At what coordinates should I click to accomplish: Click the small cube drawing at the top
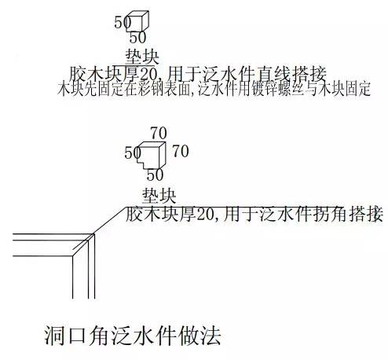pos(137,21)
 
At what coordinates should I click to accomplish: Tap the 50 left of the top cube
pos(122,22)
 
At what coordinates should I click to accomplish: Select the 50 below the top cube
pos(137,38)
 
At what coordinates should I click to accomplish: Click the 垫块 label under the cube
pos(142,57)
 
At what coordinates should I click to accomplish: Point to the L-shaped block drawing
pos(152,156)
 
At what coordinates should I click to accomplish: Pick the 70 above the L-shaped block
pos(159,134)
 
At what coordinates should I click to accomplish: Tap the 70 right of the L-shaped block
pos(181,152)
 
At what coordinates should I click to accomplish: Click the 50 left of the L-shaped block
pos(133,153)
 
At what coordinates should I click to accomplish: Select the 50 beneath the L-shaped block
pos(155,174)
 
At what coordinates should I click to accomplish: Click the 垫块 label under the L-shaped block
pos(159,196)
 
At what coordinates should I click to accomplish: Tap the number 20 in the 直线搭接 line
pos(149,75)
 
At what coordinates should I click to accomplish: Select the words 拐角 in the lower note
pos(330,215)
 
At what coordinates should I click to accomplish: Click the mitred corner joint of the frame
pos(83,244)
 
